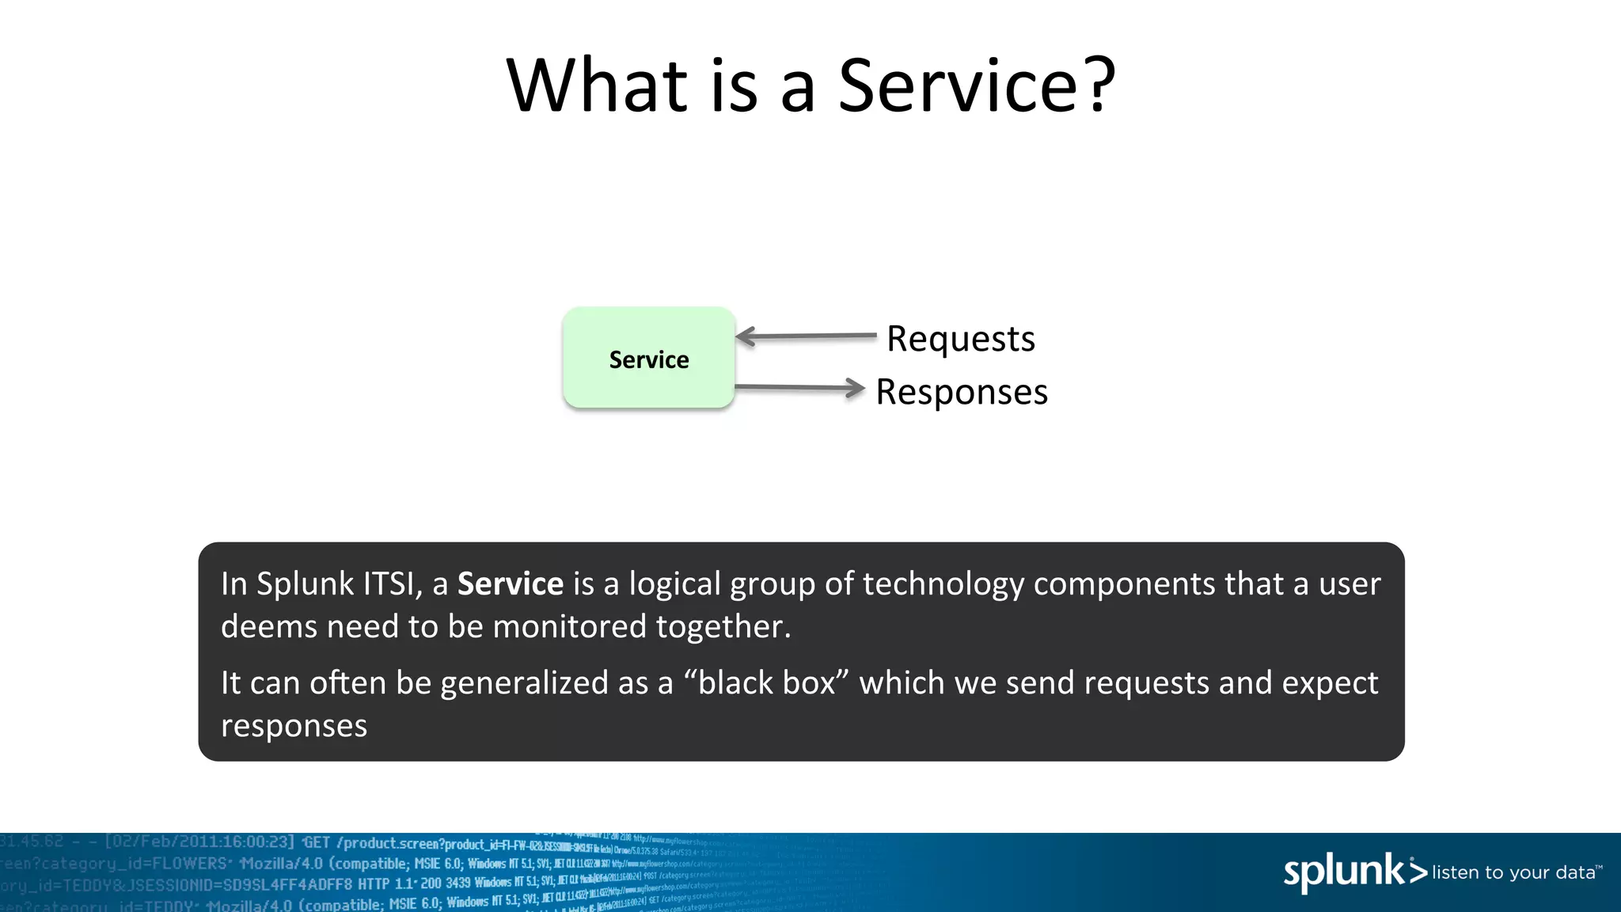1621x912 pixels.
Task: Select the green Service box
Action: coord(648,359)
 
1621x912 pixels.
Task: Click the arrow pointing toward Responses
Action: coord(799,387)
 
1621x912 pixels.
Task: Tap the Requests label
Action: coord(960,339)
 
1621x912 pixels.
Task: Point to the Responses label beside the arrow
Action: coord(961,392)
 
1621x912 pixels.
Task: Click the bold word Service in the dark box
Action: coord(511,584)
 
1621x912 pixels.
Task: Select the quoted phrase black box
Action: coord(765,683)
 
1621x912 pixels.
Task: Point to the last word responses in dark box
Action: coord(294,726)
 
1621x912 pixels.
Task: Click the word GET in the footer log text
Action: coord(317,842)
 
